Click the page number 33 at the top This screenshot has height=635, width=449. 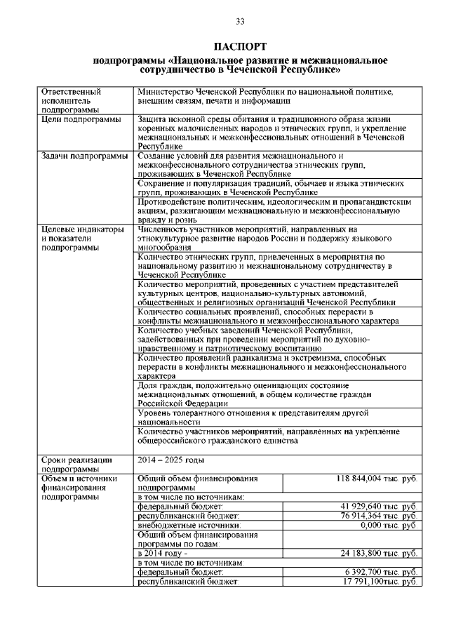240,22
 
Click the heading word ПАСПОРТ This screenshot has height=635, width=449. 240,47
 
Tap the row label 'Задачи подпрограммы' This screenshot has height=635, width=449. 85,156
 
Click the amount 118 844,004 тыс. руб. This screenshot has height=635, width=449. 377,479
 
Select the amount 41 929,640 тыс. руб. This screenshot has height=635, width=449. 380,506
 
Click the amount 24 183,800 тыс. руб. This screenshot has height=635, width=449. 380,553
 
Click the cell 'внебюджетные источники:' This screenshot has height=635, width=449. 189,525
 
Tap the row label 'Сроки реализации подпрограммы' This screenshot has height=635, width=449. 76,464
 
